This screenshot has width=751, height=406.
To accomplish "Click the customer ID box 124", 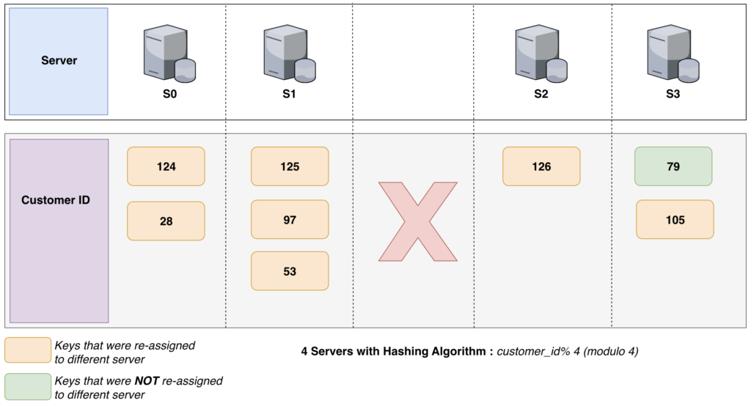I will [x=166, y=166].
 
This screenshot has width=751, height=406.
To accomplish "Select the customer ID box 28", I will [x=166, y=221].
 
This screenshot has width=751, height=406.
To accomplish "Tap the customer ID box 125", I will [x=290, y=166].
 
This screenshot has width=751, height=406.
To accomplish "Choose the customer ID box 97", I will [x=290, y=219].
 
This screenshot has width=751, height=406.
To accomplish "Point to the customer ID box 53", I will [x=290, y=271].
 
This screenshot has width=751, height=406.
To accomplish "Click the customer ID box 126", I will [x=541, y=166].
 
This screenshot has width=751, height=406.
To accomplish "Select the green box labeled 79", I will [x=673, y=166].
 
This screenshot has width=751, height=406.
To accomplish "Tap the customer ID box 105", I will [x=675, y=219].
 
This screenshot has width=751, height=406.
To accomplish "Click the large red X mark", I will [x=417, y=222].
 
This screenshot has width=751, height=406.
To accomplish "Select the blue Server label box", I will [x=59, y=61].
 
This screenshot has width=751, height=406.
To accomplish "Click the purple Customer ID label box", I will [x=59, y=230].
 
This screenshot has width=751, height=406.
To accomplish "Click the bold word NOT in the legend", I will [x=145, y=381].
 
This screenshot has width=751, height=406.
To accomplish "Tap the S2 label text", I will [x=541, y=94].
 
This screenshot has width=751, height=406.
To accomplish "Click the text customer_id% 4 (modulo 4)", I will [x=568, y=351].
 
